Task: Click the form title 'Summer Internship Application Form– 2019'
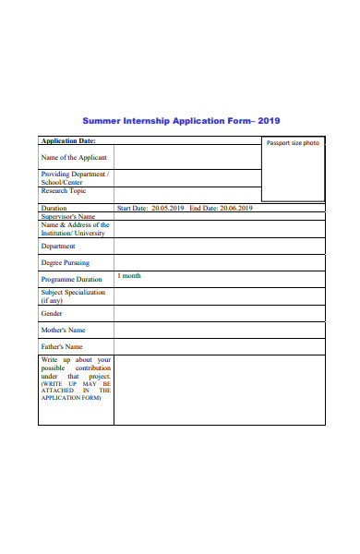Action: click(x=181, y=121)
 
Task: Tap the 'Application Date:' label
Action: click(x=68, y=141)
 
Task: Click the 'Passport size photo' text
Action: click(x=293, y=143)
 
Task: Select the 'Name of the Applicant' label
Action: click(x=74, y=158)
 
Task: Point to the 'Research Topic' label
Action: click(x=64, y=191)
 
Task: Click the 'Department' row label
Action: click(x=58, y=247)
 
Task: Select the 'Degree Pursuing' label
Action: click(x=66, y=263)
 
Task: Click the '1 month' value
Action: click(x=129, y=276)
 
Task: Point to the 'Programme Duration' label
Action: click(x=72, y=279)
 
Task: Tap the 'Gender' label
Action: click(x=52, y=313)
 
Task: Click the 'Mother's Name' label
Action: click(x=64, y=330)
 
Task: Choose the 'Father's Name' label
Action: click(x=62, y=346)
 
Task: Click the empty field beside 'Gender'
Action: click(x=219, y=313)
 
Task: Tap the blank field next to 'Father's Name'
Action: click(x=219, y=346)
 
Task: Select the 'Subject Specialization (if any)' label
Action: click(x=73, y=296)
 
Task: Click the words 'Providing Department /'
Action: click(x=75, y=174)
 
